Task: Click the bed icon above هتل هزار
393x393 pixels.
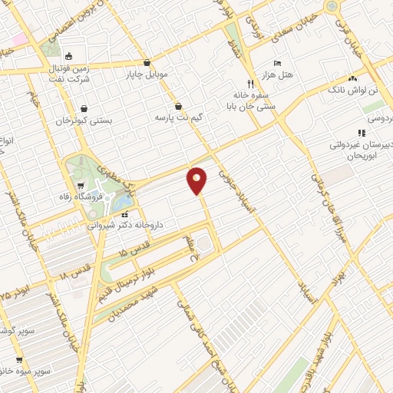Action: tap(278, 62)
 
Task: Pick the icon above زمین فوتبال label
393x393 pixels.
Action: tap(69, 55)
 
